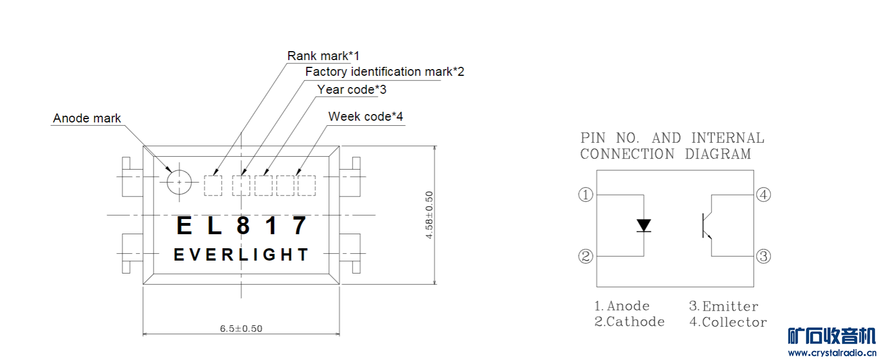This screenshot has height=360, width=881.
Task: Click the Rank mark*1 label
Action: (x=323, y=56)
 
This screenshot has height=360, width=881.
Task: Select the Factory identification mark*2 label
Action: (x=384, y=72)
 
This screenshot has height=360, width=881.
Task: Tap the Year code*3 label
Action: (x=352, y=90)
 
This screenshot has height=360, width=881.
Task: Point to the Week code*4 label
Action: (x=366, y=117)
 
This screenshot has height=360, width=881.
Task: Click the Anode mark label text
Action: (x=87, y=119)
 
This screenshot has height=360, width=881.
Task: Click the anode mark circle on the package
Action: (x=179, y=182)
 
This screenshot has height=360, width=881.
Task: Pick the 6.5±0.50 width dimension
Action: (x=241, y=329)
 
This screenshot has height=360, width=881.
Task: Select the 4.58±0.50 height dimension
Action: (x=430, y=215)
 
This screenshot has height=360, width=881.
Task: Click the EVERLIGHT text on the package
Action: (x=241, y=255)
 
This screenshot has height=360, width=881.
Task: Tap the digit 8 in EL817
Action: (x=243, y=226)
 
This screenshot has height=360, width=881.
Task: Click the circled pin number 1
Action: (x=586, y=195)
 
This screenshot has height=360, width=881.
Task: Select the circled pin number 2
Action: (x=586, y=257)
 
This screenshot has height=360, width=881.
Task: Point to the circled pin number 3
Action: (x=763, y=257)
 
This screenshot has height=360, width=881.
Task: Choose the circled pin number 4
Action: (x=763, y=195)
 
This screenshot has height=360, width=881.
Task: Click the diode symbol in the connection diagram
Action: (x=643, y=225)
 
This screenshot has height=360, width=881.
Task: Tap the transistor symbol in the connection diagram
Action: (x=707, y=225)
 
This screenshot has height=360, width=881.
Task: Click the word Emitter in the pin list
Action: (x=730, y=307)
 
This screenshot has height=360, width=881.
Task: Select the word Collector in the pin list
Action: (x=734, y=322)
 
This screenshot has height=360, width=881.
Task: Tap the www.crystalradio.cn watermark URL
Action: (x=832, y=353)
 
